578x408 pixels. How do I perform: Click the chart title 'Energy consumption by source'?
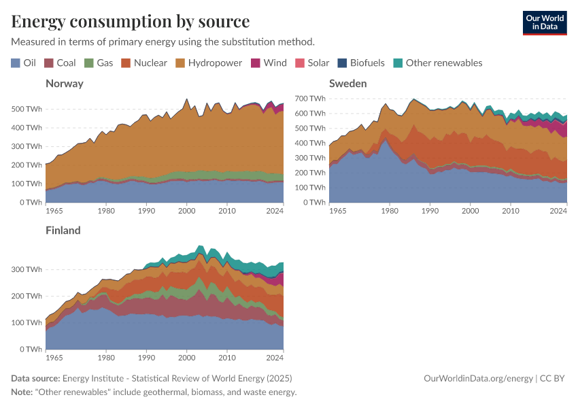pyautogui.click(x=130, y=21)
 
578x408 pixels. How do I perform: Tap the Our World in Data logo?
pyautogui.click(x=544, y=22)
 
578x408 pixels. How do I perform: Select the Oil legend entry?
pyautogui.click(x=24, y=63)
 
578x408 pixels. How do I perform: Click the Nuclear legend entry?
pyautogui.click(x=144, y=63)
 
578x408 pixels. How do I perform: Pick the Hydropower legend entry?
pyautogui.click(x=209, y=63)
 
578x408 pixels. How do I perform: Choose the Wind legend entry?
pyautogui.click(x=269, y=63)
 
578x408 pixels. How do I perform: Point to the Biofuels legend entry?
pyautogui.click(x=360, y=63)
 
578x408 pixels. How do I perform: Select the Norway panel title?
pyautogui.click(x=65, y=84)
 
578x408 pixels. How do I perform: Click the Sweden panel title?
pyautogui.click(x=348, y=84)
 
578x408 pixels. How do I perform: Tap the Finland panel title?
pyautogui.click(x=63, y=230)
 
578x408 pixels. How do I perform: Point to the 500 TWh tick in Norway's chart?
pyautogui.click(x=27, y=109)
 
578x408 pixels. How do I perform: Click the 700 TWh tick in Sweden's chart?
pyautogui.click(x=310, y=99)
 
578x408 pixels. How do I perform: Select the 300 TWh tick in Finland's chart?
pyautogui.click(x=27, y=269)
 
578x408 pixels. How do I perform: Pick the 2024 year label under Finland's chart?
pyautogui.click(x=275, y=358)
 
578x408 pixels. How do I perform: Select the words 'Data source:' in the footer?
pyautogui.click(x=35, y=379)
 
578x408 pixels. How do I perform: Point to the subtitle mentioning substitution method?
pyautogui.click(x=163, y=41)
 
